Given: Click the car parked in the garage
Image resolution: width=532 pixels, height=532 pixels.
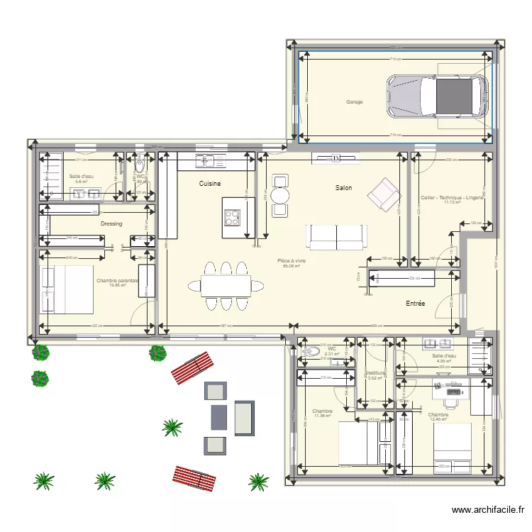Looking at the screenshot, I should [437, 96].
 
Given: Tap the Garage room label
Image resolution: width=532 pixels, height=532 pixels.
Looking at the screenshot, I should [355, 102].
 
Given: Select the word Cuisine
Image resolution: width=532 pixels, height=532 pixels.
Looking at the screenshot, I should [209, 184].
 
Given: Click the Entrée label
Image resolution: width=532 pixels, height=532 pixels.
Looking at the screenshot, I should [415, 304].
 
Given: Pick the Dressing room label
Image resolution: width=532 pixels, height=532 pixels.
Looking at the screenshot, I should [111, 223].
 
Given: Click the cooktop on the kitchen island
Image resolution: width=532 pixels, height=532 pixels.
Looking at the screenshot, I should [232, 216].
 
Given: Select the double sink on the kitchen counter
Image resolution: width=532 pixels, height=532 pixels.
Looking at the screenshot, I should [206, 161].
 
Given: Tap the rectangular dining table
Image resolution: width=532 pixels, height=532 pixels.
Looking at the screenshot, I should [225, 285].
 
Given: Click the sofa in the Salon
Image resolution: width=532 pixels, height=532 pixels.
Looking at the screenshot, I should [337, 236].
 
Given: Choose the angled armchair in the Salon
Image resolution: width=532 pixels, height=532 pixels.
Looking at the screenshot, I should [382, 194].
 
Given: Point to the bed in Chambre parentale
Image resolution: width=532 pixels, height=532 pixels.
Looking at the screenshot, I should [69, 289].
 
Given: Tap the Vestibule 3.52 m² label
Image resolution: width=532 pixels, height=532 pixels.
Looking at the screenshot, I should [375, 375].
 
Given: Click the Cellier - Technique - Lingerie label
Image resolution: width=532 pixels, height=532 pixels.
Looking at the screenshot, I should [452, 198].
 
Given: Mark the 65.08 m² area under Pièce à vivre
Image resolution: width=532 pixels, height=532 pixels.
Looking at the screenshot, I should [292, 267].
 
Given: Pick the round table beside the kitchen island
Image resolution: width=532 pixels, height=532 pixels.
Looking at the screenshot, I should [280, 195].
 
